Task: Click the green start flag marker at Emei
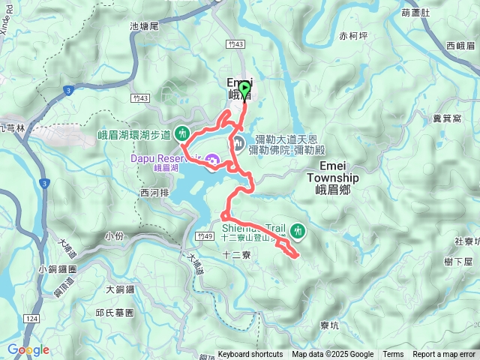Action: coord(244,89)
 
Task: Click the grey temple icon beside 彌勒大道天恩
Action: coord(240,142)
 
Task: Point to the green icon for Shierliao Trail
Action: coord(298,230)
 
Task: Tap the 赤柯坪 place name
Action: coord(353,35)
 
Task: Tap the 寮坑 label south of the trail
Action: coord(329,325)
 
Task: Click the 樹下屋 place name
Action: coord(457,261)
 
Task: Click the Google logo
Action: coord(28,349)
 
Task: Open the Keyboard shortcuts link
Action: coord(250,355)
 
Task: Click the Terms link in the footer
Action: coord(393,355)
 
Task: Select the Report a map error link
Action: coord(445,355)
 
